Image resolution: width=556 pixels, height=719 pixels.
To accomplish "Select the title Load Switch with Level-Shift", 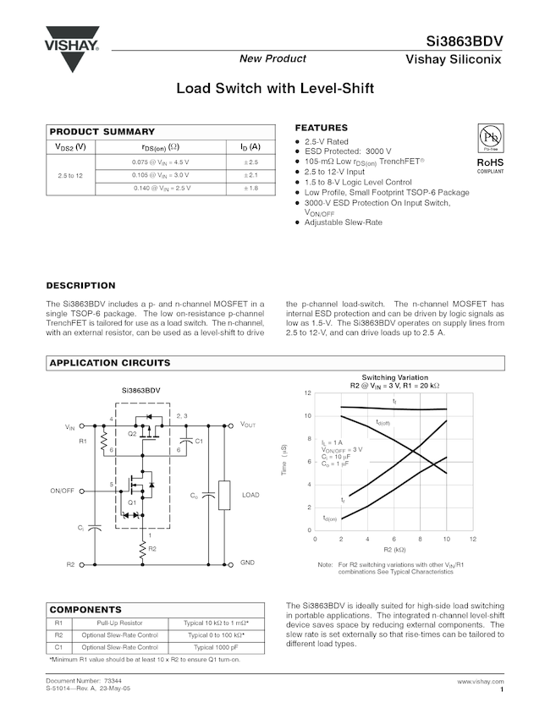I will (275, 88).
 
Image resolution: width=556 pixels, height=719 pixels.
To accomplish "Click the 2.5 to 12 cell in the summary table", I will (70, 174).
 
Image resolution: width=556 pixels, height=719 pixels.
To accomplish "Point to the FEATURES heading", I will (321, 128).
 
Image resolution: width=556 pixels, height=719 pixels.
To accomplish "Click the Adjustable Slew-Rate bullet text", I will (343, 222).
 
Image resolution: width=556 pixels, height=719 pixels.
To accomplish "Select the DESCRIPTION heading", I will (80, 286).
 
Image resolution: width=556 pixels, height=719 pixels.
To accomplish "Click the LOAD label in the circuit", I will (250, 495).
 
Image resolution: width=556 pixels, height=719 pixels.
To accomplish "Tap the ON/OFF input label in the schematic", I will (63, 491).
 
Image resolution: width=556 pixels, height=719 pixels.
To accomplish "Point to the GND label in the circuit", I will (247, 563).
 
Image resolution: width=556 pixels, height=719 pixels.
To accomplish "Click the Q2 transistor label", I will (132, 433).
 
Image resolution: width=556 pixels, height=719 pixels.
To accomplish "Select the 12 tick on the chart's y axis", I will (308, 393).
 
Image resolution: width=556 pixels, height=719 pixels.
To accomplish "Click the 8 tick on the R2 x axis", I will (420, 539).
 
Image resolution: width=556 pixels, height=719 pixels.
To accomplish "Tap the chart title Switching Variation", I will (394, 377).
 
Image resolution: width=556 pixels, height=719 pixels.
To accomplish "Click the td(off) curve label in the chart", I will (383, 422).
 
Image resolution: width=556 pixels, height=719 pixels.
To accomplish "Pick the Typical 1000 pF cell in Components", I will (217, 647).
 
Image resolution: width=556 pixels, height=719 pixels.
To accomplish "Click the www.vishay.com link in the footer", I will (480, 681).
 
